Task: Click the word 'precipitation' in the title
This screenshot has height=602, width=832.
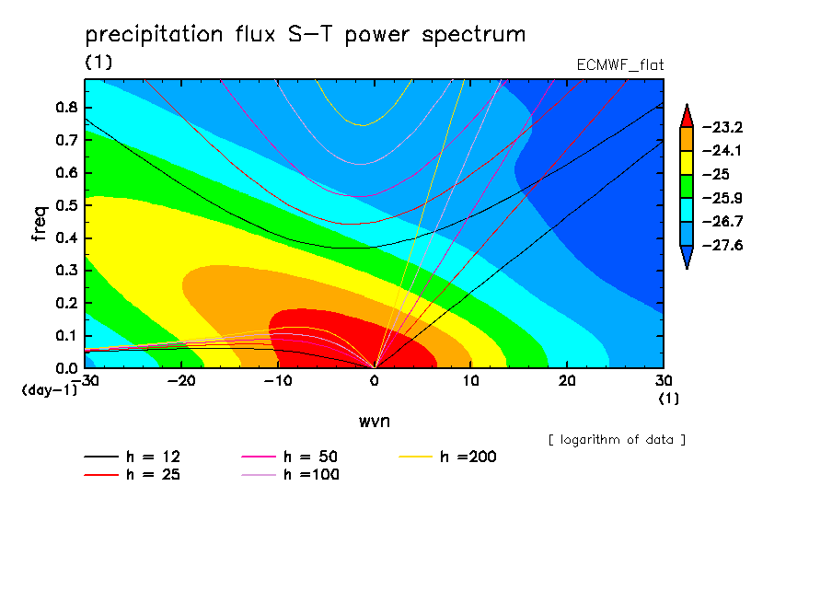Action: [x=154, y=34]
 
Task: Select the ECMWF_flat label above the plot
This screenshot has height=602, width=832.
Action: [x=619, y=64]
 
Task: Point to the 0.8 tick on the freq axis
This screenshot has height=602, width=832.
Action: [x=67, y=107]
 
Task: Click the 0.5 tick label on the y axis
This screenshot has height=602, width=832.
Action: [x=67, y=205]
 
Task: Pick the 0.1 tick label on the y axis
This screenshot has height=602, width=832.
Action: [x=67, y=336]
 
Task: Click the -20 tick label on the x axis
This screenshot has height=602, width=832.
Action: [x=181, y=381]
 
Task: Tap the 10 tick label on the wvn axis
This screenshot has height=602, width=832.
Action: [x=470, y=381]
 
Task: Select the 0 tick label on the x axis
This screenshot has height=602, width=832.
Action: [x=375, y=381]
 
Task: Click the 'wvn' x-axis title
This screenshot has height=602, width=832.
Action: [x=375, y=422]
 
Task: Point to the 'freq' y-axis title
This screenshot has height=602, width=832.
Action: [x=40, y=223]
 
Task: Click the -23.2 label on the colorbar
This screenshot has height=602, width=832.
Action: [x=722, y=127]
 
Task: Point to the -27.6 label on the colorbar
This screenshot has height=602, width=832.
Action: [x=722, y=245]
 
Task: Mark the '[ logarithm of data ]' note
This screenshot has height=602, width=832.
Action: [x=617, y=440]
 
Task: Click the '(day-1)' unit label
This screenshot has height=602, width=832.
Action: [x=50, y=390]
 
